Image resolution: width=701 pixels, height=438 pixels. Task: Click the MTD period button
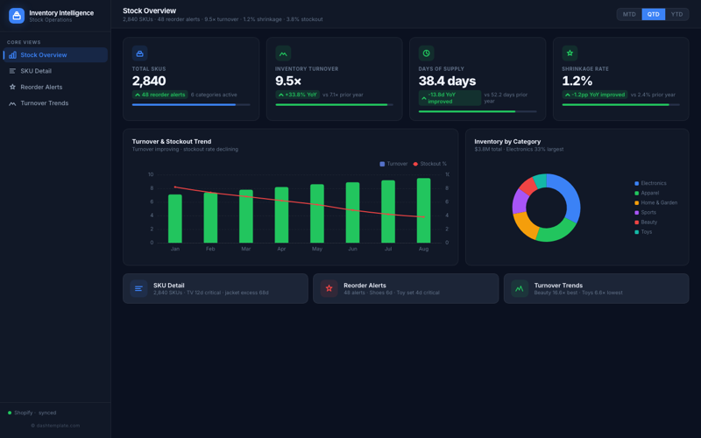[x=629, y=14]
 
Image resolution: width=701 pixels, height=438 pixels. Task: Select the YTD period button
[x=676, y=14]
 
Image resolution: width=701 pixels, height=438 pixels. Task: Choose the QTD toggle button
[x=653, y=14]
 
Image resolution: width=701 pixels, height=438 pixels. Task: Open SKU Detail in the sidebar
[x=36, y=71]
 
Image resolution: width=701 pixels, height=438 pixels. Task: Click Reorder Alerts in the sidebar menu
[x=41, y=87]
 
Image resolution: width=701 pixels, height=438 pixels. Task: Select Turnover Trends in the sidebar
[x=44, y=103]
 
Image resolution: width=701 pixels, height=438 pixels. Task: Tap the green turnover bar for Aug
[x=423, y=210]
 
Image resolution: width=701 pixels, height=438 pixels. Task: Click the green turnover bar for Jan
[x=175, y=218]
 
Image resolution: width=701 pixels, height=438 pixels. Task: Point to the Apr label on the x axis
[x=281, y=249]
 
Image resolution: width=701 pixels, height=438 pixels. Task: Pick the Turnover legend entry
[x=393, y=164]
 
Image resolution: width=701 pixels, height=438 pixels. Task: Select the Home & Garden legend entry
[x=658, y=202]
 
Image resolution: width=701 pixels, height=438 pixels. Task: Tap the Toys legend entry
[x=646, y=231]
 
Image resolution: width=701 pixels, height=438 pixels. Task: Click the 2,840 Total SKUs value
[x=149, y=81]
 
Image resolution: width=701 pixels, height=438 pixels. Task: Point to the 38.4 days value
[x=447, y=81]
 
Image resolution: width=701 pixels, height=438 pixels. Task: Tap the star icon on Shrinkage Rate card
[x=570, y=53]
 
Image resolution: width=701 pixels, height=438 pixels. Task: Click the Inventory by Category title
[x=507, y=141]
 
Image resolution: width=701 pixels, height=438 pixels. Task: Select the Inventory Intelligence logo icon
[x=17, y=16]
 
